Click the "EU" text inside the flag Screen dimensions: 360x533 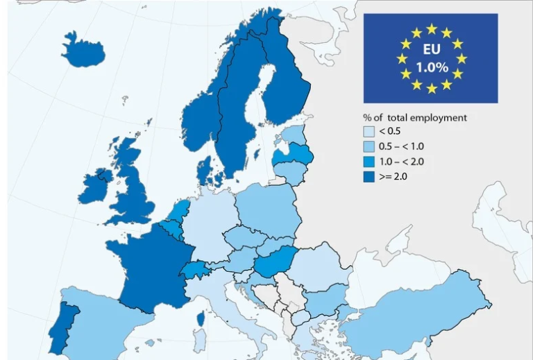[x=431, y=50]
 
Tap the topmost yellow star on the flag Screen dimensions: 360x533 [x=431, y=28]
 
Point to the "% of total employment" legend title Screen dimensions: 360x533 [x=415, y=117]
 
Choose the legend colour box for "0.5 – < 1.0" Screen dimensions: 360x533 [x=369, y=146]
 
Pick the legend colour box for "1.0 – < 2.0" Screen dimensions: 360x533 [x=369, y=162]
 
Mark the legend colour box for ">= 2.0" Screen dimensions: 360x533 [x=369, y=177]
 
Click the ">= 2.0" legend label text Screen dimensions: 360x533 [x=393, y=177]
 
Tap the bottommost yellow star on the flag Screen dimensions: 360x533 [x=431, y=89]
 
